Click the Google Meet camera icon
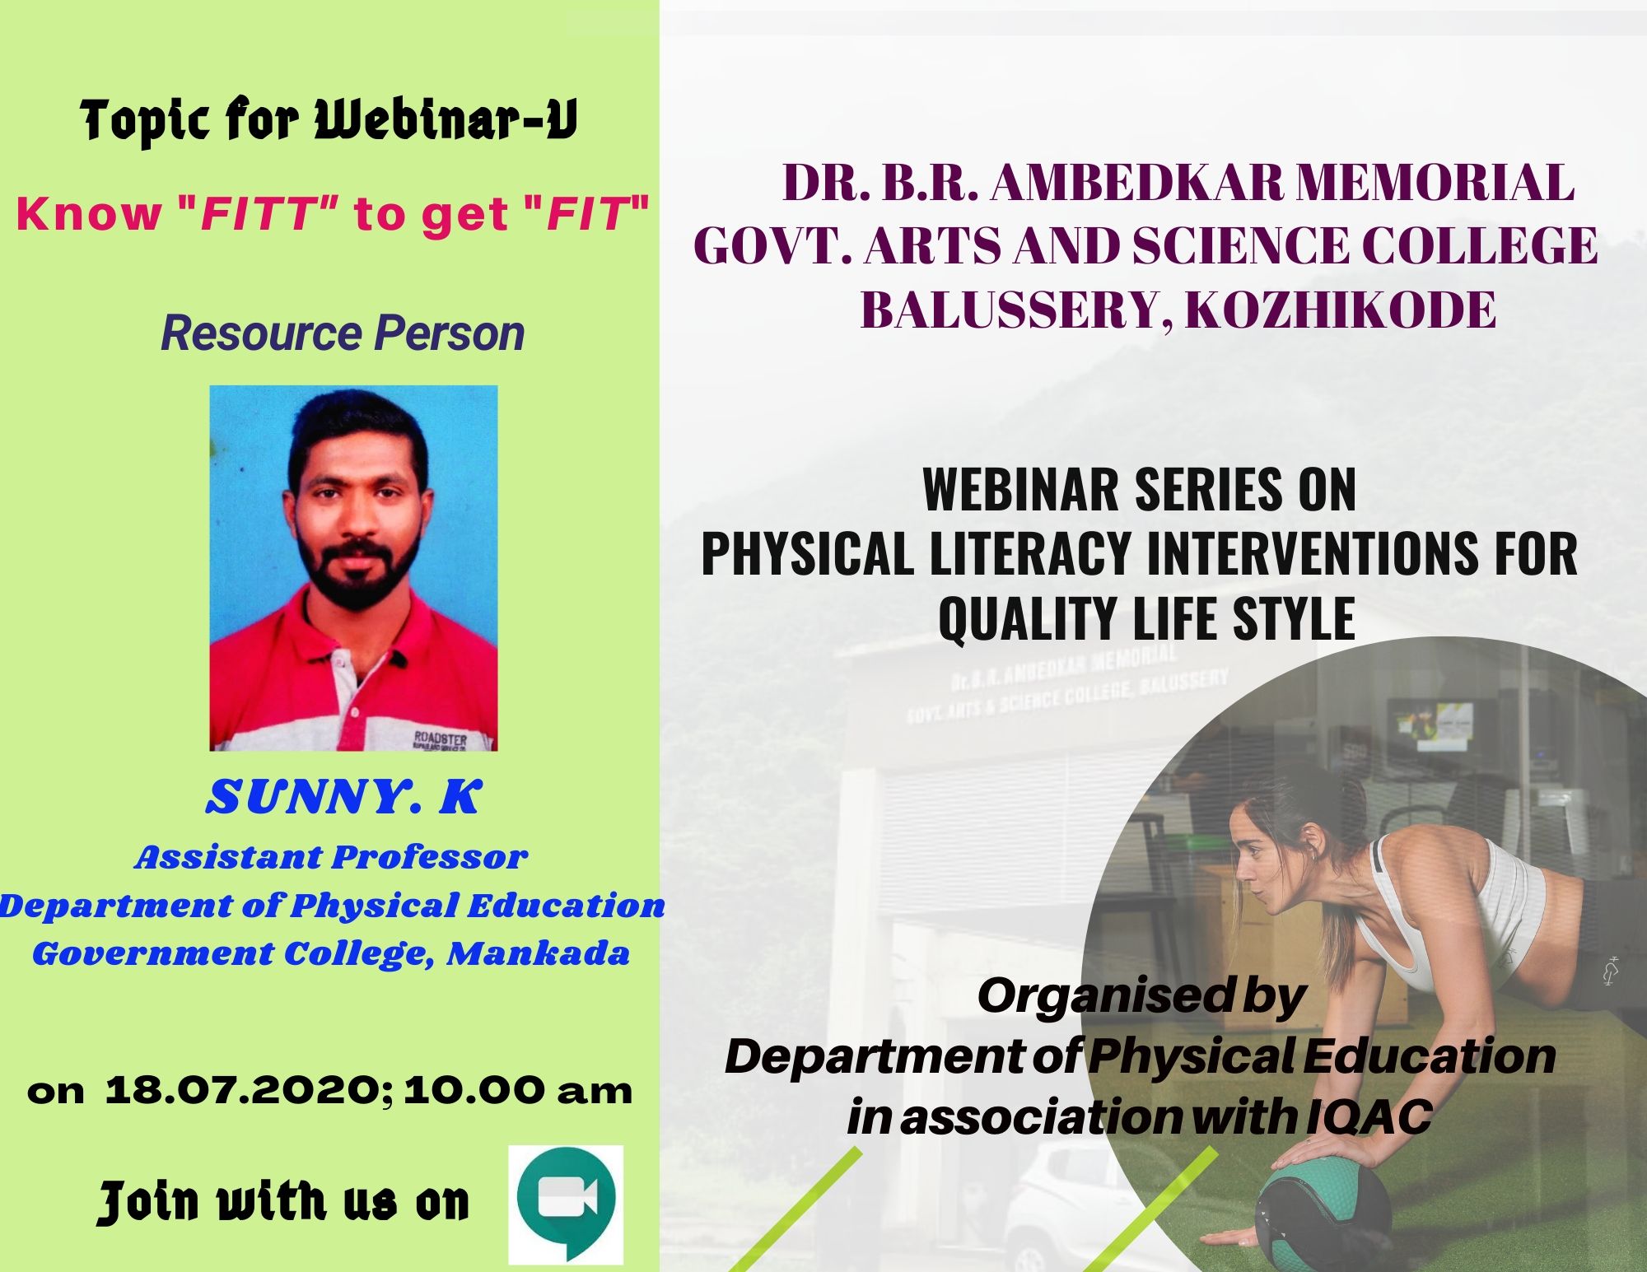tap(566, 1204)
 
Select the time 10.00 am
tap(518, 1091)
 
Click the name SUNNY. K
tap(343, 796)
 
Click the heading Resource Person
tap(343, 333)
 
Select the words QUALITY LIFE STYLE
tap(1146, 617)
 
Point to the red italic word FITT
tap(260, 215)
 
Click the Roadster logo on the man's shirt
tap(440, 739)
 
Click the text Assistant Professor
tap(331, 858)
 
